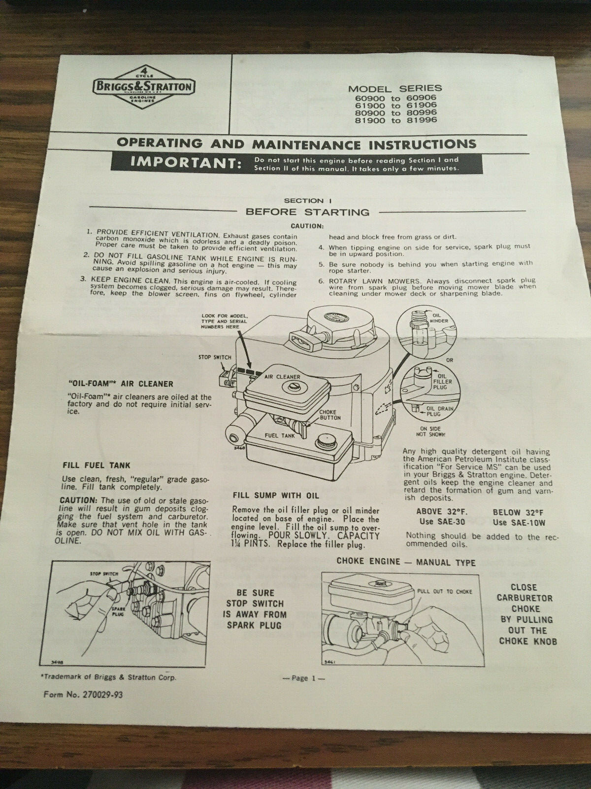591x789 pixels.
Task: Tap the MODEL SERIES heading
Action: coord(395,89)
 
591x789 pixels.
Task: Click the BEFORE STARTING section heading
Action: coord(307,213)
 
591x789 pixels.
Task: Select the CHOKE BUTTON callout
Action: coord(330,415)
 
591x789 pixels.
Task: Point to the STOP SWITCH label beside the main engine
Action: coord(215,357)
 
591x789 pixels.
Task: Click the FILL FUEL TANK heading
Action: coord(97,465)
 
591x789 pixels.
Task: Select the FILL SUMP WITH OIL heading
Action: coord(276,495)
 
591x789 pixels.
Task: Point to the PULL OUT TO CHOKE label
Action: coord(444,591)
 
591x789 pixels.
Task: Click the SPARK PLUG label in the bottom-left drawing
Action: coord(118,613)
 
